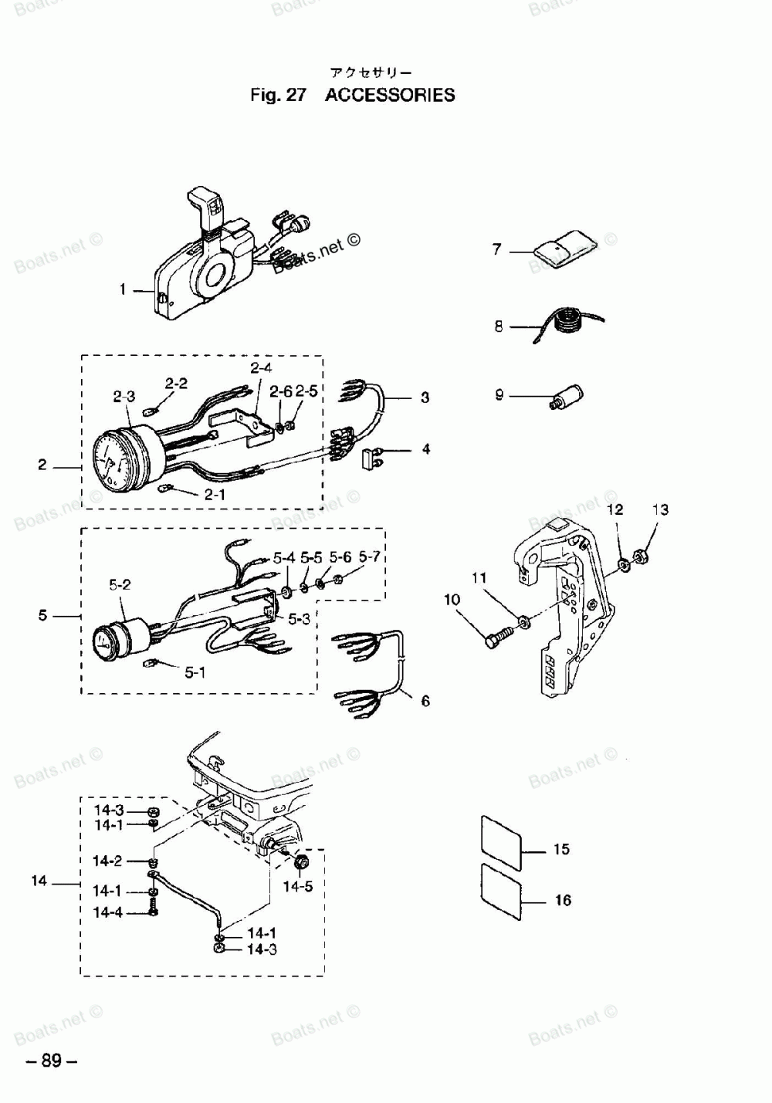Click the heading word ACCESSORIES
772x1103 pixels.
pos(390,96)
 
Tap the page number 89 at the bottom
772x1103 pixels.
pos(52,1061)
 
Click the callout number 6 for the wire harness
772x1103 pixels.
pos(425,701)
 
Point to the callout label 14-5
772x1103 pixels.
pos(298,887)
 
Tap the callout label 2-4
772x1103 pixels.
pos(260,367)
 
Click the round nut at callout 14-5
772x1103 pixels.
pos(301,861)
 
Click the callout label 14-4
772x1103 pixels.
pos(108,912)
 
